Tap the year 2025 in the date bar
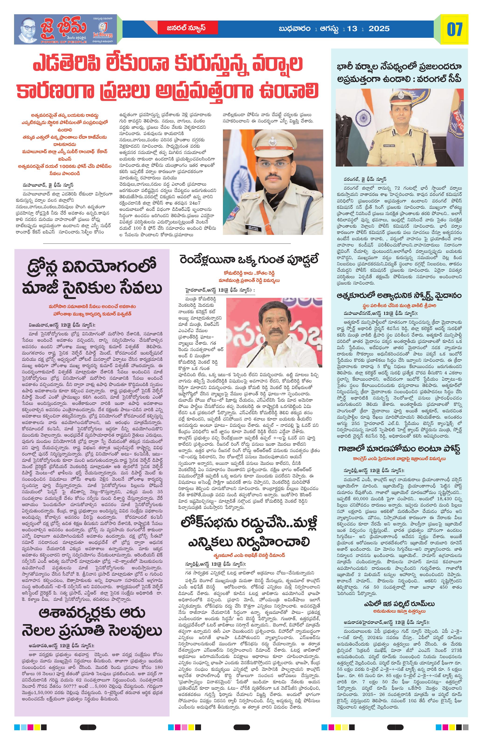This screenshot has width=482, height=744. point(379,29)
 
